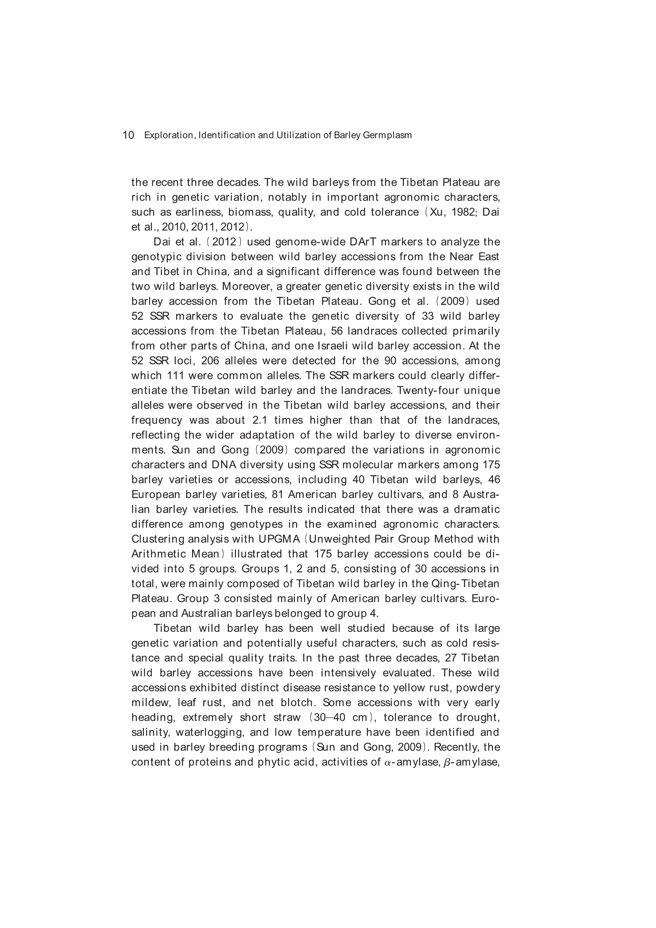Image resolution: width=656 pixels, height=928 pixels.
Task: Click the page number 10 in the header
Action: click(128, 135)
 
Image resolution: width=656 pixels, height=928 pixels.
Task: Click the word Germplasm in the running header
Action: click(387, 135)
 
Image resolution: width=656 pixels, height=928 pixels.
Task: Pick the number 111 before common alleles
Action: click(175, 375)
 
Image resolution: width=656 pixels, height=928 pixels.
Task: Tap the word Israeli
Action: click(333, 346)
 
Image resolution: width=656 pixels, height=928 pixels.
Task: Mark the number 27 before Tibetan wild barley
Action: click(451, 658)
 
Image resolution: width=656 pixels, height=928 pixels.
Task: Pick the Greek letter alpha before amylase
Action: click(387, 762)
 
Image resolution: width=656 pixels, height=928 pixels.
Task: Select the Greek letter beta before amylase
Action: click(446, 762)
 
